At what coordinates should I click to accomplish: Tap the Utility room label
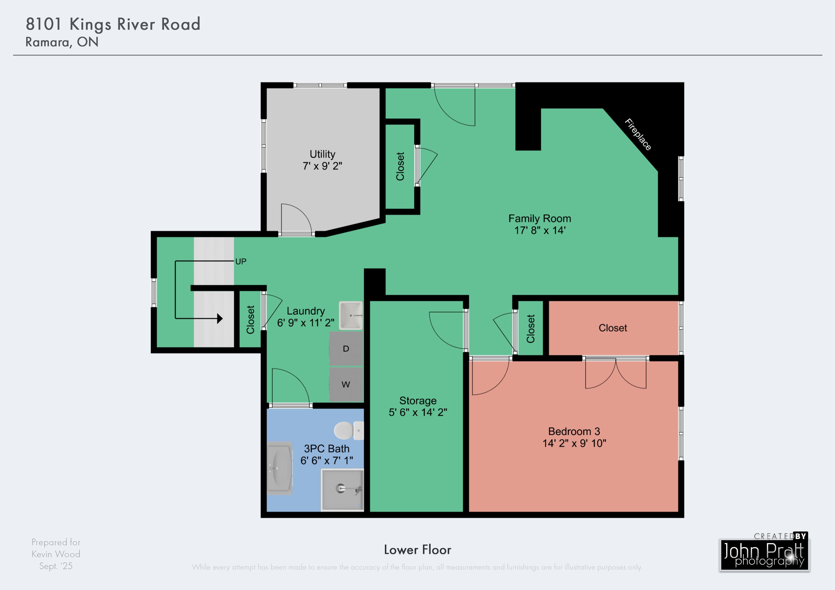pyautogui.click(x=322, y=154)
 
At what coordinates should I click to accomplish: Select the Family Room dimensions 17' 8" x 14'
pyautogui.click(x=540, y=230)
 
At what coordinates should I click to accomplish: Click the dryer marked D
pyautogui.click(x=346, y=349)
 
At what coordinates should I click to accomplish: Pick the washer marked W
pyautogui.click(x=346, y=384)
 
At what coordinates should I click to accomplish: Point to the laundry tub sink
pyautogui.click(x=351, y=315)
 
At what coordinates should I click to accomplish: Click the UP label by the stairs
pyautogui.click(x=241, y=261)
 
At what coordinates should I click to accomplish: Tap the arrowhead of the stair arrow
pyautogui.click(x=220, y=319)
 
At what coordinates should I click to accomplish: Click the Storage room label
pyautogui.click(x=418, y=401)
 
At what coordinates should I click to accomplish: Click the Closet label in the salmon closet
pyautogui.click(x=613, y=328)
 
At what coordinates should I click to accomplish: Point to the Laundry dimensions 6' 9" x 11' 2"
pyautogui.click(x=305, y=322)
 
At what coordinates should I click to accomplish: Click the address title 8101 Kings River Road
pyautogui.click(x=113, y=24)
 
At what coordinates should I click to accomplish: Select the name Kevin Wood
pyautogui.click(x=56, y=554)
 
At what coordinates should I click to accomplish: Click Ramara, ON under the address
pyautogui.click(x=62, y=42)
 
